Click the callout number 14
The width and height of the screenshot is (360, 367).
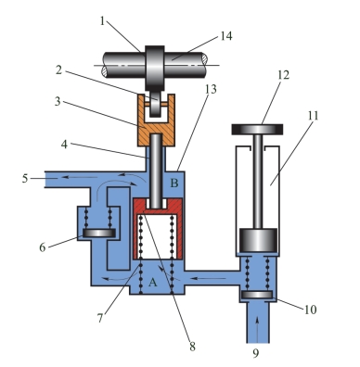pyautogui.click(x=226, y=36)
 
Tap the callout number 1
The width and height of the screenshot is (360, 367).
pyautogui.click(x=103, y=20)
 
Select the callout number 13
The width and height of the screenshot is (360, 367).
pyautogui.click(x=211, y=89)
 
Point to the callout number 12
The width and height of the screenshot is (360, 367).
pyautogui.click(x=283, y=75)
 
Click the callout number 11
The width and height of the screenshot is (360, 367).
pyautogui.click(x=313, y=116)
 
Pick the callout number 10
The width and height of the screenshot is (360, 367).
pyautogui.click(x=310, y=310)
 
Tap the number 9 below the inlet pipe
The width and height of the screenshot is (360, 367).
pyautogui.click(x=255, y=353)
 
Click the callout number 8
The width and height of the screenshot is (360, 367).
pyautogui.click(x=192, y=347)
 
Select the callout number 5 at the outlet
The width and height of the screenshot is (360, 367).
pyautogui.click(x=25, y=179)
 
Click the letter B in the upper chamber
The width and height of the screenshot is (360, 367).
pyautogui.click(x=174, y=183)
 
